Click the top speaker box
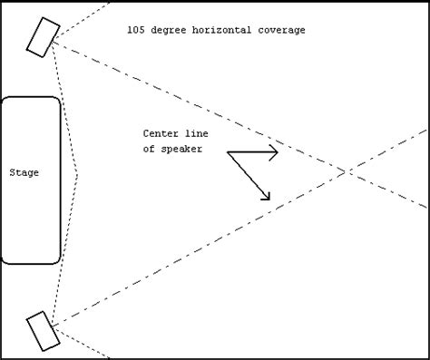point(42,36)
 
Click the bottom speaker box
point(43,330)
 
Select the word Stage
point(24,172)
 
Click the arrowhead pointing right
point(275,153)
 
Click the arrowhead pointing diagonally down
point(267,196)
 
